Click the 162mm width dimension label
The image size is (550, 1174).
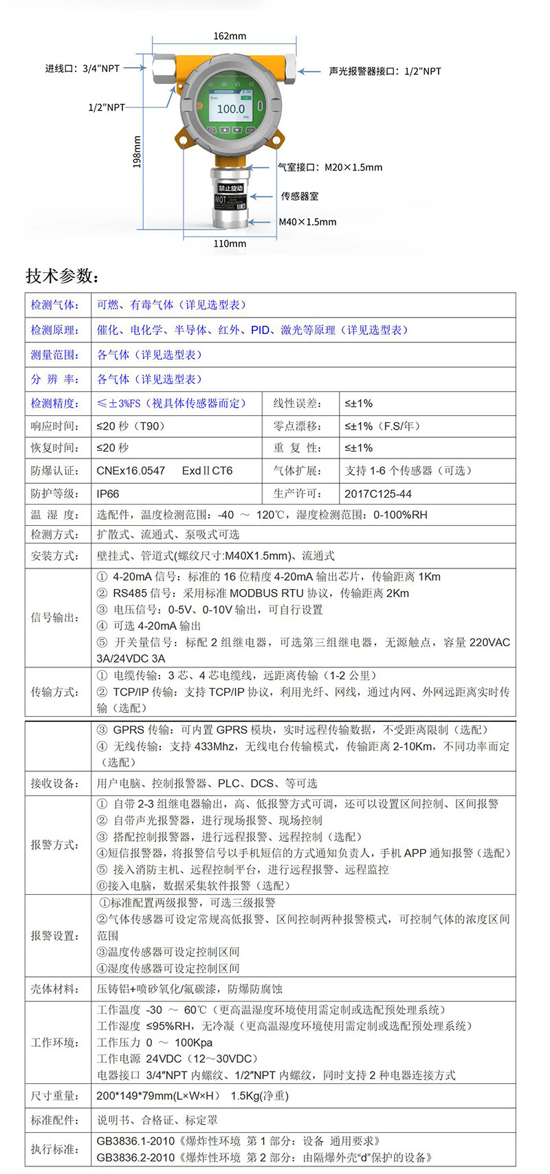point(230,36)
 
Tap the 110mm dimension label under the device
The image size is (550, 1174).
point(230,243)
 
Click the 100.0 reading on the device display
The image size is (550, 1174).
point(231,109)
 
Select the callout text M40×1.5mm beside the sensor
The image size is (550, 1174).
point(307,222)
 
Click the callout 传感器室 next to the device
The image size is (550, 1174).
point(299,196)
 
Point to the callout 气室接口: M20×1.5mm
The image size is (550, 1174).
point(330,167)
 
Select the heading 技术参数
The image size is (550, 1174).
point(63,276)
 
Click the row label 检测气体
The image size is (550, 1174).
point(55,304)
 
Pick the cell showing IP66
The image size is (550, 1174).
point(108,494)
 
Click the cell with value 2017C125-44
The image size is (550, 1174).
point(378,494)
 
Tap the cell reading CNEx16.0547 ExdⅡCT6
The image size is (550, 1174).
point(164,471)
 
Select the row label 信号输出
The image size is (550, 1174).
point(55,617)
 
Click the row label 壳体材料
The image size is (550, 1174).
point(55,988)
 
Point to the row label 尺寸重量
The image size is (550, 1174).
point(55,1096)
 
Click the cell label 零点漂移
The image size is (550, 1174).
point(297,426)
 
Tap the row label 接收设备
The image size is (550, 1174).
point(55,783)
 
